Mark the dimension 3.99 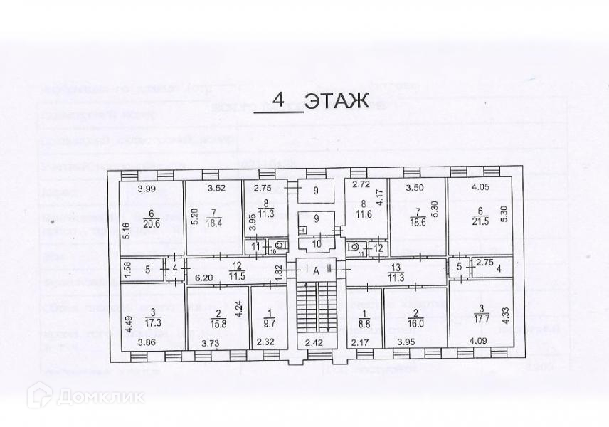click(x=147, y=189)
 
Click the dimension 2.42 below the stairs click(x=314, y=343)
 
